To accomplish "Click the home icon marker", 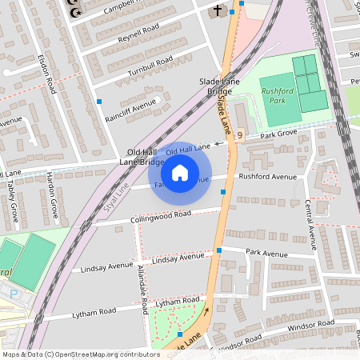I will coord(180,172).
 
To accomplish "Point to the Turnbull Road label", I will coord(150,66).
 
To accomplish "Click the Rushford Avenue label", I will coord(267,177).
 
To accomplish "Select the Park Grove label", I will coord(279,133).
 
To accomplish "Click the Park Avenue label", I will coord(266,254).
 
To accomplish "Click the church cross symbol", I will coord(217,10).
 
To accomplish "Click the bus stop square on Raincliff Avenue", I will coord(100,102).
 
